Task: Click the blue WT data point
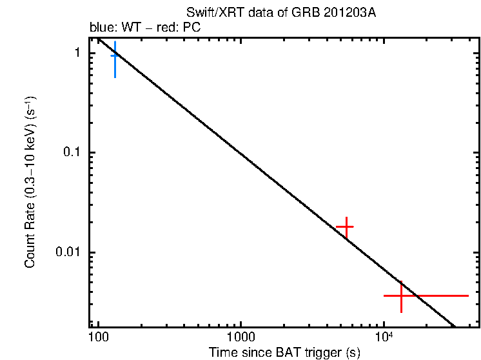coord(115,56)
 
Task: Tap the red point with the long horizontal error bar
coord(402,295)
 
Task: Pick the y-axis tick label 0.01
coord(68,252)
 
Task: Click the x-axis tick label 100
coord(98,337)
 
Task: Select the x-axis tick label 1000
coord(241,337)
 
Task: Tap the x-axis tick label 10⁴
coord(384,336)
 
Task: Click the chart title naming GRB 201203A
coord(280,14)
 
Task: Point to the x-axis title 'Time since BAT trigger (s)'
coord(284,352)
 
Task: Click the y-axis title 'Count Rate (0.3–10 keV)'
coord(30,182)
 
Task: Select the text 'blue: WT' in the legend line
coord(111,28)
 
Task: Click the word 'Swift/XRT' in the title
coord(209,14)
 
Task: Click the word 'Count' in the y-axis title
coord(30,252)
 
